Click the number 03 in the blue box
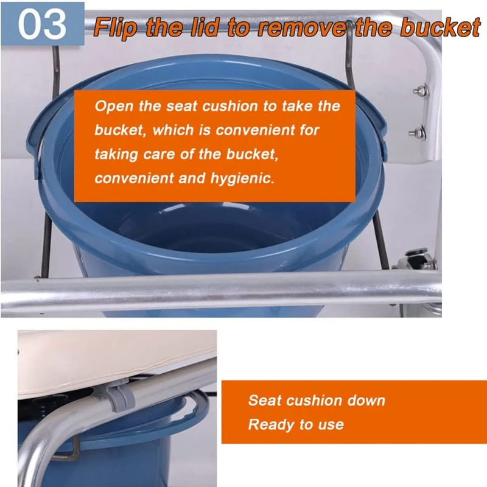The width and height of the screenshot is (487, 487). tap(41, 24)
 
